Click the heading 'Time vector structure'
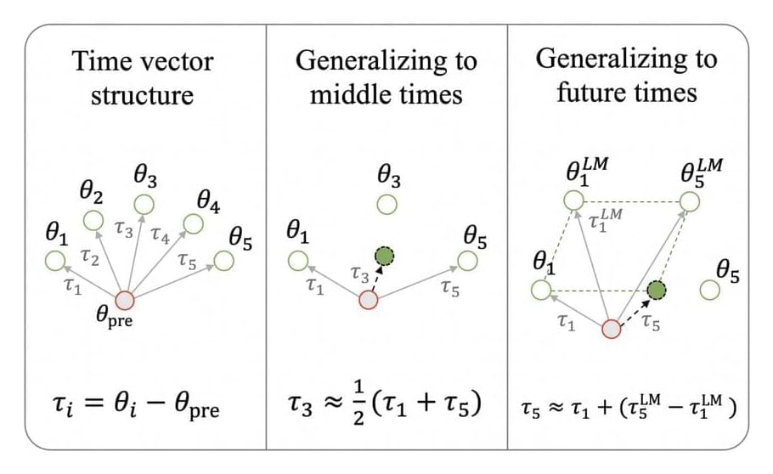click(x=143, y=77)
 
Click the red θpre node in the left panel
click(x=125, y=300)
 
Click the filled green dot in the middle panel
click(x=386, y=255)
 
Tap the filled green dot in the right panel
click(x=655, y=291)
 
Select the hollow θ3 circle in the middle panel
click(x=387, y=205)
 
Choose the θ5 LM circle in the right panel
click(x=689, y=200)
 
